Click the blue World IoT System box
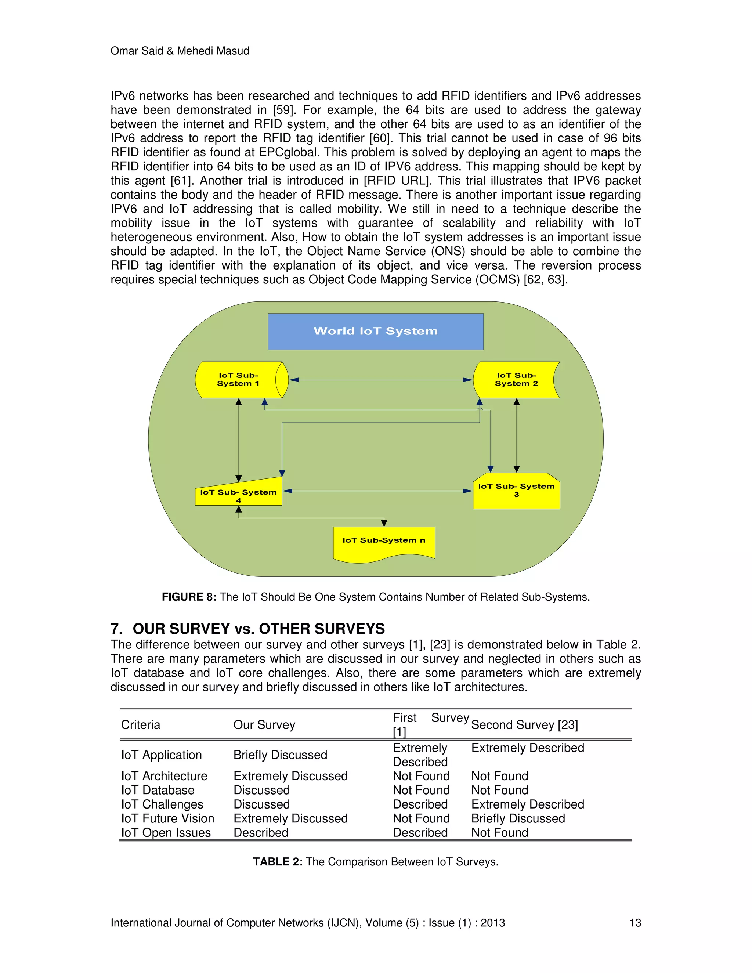point(376,332)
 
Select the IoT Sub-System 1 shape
point(239,380)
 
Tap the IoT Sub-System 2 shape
point(516,380)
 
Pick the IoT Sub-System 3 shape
point(516,491)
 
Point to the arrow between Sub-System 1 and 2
point(380,380)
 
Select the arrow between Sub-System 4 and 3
point(377,491)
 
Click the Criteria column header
point(141,725)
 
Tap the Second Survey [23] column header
point(524,725)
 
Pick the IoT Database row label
point(158,790)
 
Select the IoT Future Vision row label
point(167,818)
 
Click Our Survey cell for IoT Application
point(280,755)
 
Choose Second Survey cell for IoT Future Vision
point(518,818)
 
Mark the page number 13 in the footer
point(635,923)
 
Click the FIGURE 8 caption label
point(189,597)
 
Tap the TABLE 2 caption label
point(278,862)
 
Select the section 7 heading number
point(116,629)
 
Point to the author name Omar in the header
point(123,51)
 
